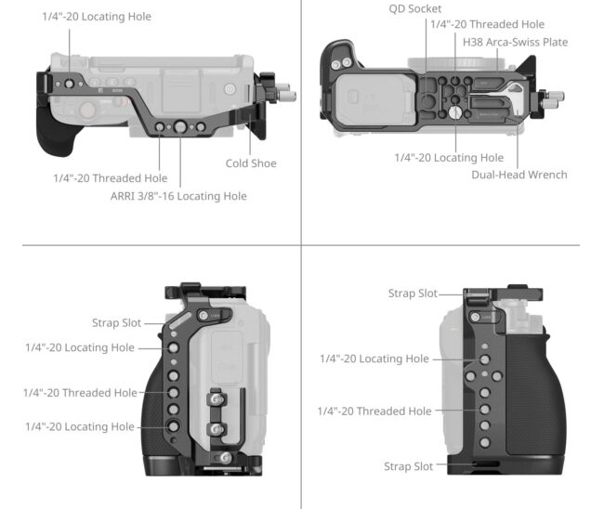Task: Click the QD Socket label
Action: click(415, 8)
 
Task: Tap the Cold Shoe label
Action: click(251, 163)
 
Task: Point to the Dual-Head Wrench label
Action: click(519, 174)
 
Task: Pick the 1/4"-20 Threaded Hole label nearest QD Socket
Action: click(493, 24)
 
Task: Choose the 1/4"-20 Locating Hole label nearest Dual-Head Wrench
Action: click(449, 157)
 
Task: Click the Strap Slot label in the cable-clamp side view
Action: click(116, 323)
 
